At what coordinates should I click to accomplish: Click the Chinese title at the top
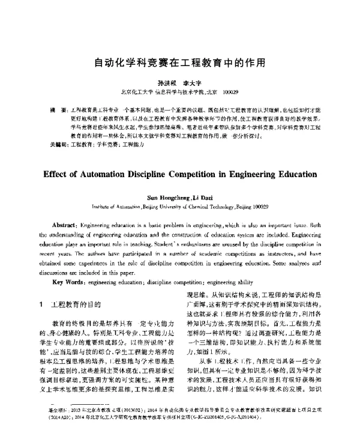point(180,62)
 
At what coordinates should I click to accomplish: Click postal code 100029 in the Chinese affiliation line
point(230,92)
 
